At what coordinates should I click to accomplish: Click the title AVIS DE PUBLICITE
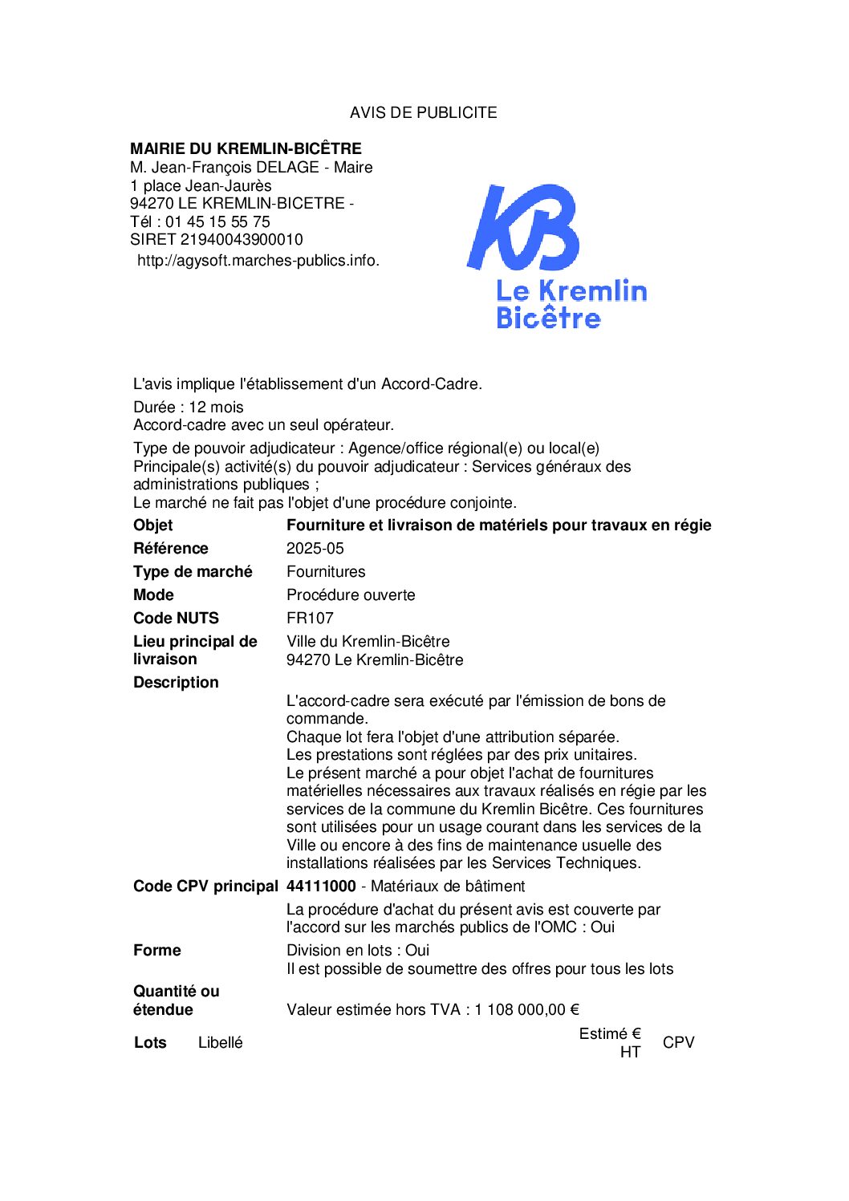[x=423, y=113]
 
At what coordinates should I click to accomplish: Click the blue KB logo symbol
[x=523, y=227]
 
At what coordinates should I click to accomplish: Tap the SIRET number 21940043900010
[x=242, y=240]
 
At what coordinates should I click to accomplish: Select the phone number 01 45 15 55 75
[x=217, y=222]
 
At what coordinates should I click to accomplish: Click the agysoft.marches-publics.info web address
[x=258, y=261]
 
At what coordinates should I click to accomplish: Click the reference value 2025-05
[x=315, y=549]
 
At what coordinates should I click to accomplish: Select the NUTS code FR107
[x=310, y=619]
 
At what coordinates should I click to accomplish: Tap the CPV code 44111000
[x=321, y=887]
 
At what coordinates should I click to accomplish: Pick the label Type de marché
[x=193, y=572]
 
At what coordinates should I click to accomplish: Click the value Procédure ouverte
[x=351, y=595]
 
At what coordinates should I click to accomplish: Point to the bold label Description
[x=176, y=683]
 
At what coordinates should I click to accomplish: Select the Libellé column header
[x=220, y=1043]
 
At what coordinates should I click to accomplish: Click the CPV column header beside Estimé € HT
[x=678, y=1043]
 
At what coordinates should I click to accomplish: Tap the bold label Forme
[x=157, y=951]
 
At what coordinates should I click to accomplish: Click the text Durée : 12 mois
[x=189, y=408]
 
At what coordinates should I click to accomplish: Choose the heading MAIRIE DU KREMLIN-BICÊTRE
[x=246, y=148]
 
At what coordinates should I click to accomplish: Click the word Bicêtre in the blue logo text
[x=548, y=319]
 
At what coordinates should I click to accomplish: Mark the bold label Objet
[x=153, y=525]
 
